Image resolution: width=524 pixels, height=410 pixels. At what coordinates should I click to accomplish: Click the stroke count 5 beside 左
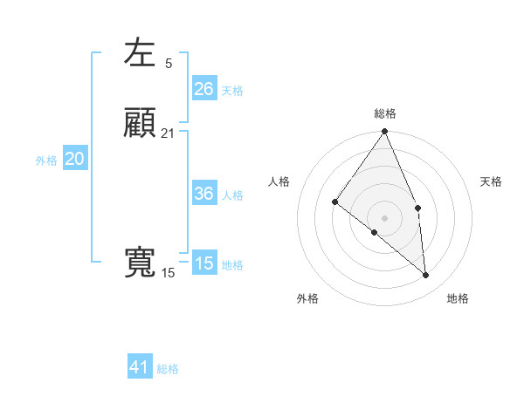pyautogui.click(x=169, y=63)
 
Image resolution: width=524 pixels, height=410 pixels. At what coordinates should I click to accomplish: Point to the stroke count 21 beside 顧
pyautogui.click(x=168, y=133)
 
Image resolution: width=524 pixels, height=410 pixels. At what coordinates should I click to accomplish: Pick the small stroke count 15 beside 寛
pyautogui.click(x=168, y=273)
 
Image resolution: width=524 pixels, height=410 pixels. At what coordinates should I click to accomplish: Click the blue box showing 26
pyautogui.click(x=204, y=88)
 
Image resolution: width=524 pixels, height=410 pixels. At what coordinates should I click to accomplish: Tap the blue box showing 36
pyautogui.click(x=204, y=194)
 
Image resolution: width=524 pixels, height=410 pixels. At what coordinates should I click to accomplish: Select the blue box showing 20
pyautogui.click(x=75, y=159)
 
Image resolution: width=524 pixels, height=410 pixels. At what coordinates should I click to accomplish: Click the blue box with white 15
pyautogui.click(x=204, y=263)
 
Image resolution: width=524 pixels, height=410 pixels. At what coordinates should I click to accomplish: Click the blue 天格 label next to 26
pyautogui.click(x=232, y=90)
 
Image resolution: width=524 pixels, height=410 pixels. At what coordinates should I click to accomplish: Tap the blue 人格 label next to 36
pyautogui.click(x=232, y=195)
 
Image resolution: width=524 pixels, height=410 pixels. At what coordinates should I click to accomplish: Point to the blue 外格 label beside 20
pyautogui.click(x=46, y=161)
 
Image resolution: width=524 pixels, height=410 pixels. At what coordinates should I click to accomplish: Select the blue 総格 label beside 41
pyautogui.click(x=168, y=369)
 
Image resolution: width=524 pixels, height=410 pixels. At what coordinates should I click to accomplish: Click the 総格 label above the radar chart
pyautogui.click(x=385, y=113)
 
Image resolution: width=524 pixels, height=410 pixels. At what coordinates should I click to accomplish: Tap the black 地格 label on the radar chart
pyautogui.click(x=458, y=298)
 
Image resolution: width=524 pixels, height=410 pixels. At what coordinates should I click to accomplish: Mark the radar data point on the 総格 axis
pyautogui.click(x=385, y=132)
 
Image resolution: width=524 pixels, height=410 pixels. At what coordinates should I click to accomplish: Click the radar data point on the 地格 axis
pyautogui.click(x=426, y=275)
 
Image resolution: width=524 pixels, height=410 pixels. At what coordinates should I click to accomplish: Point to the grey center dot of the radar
pyautogui.click(x=385, y=217)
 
